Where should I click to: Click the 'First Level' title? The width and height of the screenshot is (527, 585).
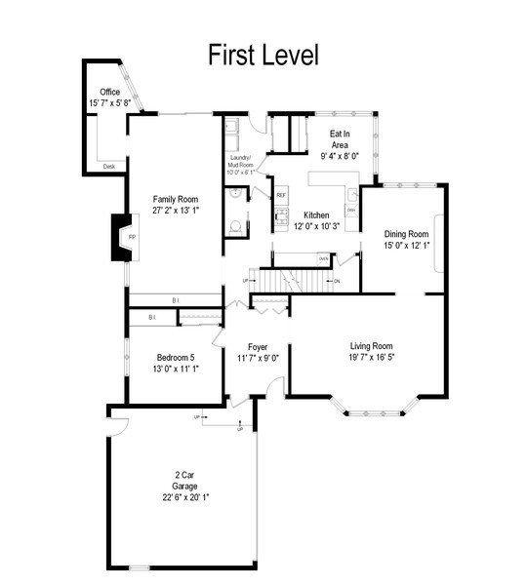click(x=263, y=56)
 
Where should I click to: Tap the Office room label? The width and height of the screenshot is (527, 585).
click(x=109, y=92)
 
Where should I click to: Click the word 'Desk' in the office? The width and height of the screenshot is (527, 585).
click(x=108, y=167)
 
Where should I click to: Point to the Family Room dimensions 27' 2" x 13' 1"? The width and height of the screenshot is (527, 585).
click(x=176, y=210)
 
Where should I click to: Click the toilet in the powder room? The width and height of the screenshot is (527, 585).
click(x=235, y=227)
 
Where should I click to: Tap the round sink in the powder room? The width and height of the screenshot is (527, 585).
click(x=235, y=194)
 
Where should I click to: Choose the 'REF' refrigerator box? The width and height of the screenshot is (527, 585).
click(x=281, y=195)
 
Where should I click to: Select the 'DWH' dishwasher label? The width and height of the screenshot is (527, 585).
click(x=350, y=211)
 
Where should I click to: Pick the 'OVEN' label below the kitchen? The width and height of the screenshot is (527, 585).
click(x=323, y=258)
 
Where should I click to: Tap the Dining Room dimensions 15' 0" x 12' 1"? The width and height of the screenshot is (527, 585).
click(x=406, y=245)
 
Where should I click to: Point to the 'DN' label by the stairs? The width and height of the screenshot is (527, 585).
click(x=337, y=281)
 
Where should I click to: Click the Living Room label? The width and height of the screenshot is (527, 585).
click(x=371, y=345)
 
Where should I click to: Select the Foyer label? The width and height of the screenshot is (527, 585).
click(x=258, y=347)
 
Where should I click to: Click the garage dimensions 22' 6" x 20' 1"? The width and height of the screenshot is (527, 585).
click(x=185, y=497)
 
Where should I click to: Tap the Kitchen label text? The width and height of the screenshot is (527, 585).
click(x=315, y=215)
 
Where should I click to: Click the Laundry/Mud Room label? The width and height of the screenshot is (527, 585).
click(x=240, y=161)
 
